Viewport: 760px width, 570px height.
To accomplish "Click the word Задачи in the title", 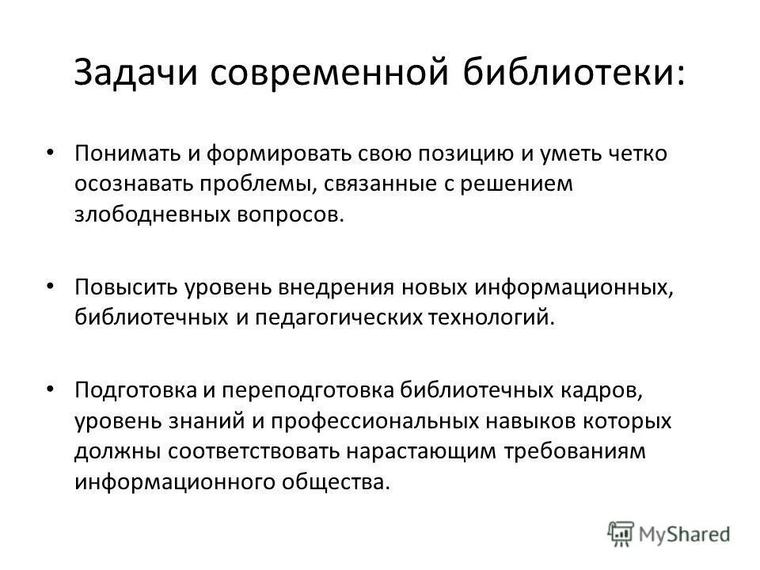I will [134, 74].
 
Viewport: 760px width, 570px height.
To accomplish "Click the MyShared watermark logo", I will [668, 532].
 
